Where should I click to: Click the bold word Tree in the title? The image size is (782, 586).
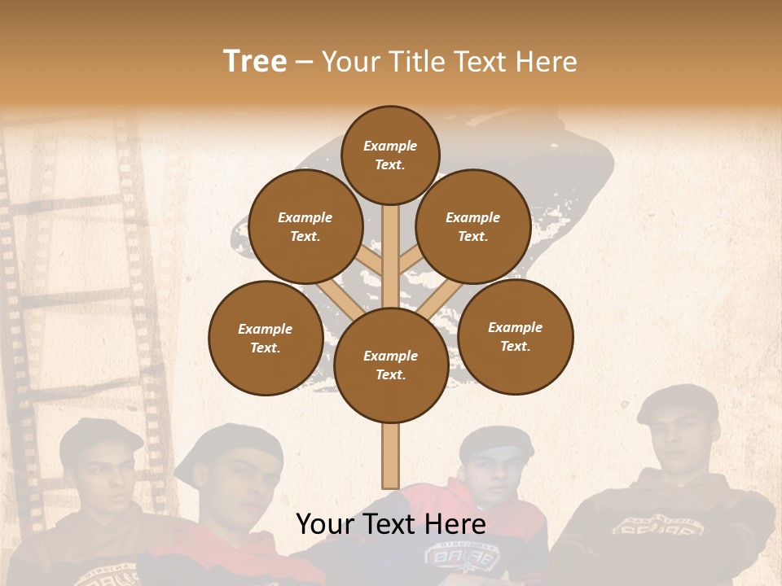pos(255,61)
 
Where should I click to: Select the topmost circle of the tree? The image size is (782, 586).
pos(390,155)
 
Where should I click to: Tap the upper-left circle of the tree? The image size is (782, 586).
pos(305,226)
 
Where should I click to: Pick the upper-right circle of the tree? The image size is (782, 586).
pos(472,226)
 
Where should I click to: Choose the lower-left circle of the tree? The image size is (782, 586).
pos(265,338)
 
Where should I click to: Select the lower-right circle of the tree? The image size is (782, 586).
pos(515,336)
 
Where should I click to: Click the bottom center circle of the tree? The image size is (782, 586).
pos(390,365)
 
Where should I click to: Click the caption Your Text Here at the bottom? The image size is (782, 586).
pos(390,524)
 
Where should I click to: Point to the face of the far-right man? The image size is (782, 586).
pos(683,444)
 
